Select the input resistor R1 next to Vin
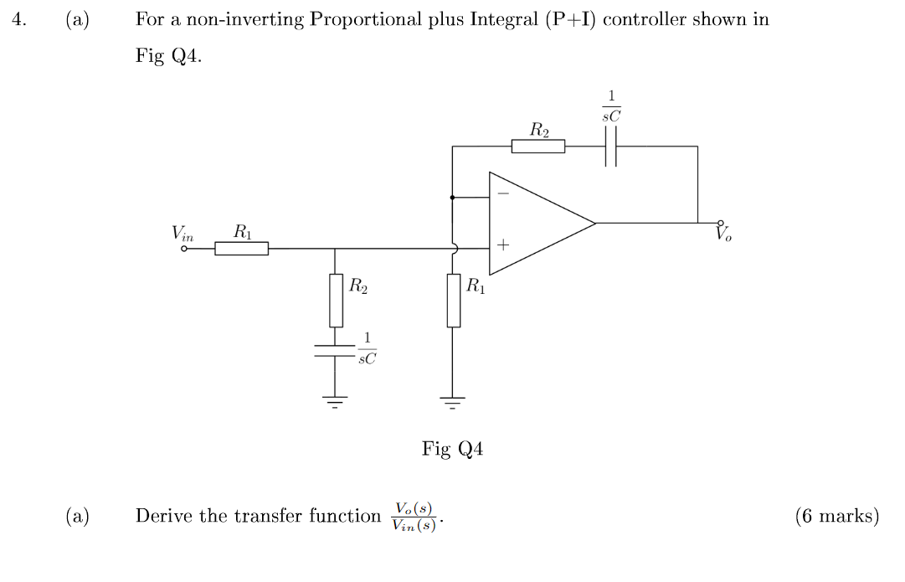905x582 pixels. point(241,248)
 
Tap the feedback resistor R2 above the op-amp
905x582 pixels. point(538,147)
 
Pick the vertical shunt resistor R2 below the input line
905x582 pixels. point(336,300)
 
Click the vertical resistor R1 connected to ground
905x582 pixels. point(453,300)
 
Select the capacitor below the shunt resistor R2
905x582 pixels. point(336,351)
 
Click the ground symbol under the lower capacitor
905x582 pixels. point(336,401)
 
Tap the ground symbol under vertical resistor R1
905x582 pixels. point(453,401)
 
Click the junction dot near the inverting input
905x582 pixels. point(453,198)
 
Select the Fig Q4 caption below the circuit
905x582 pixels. point(452,450)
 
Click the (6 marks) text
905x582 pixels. point(836,516)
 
